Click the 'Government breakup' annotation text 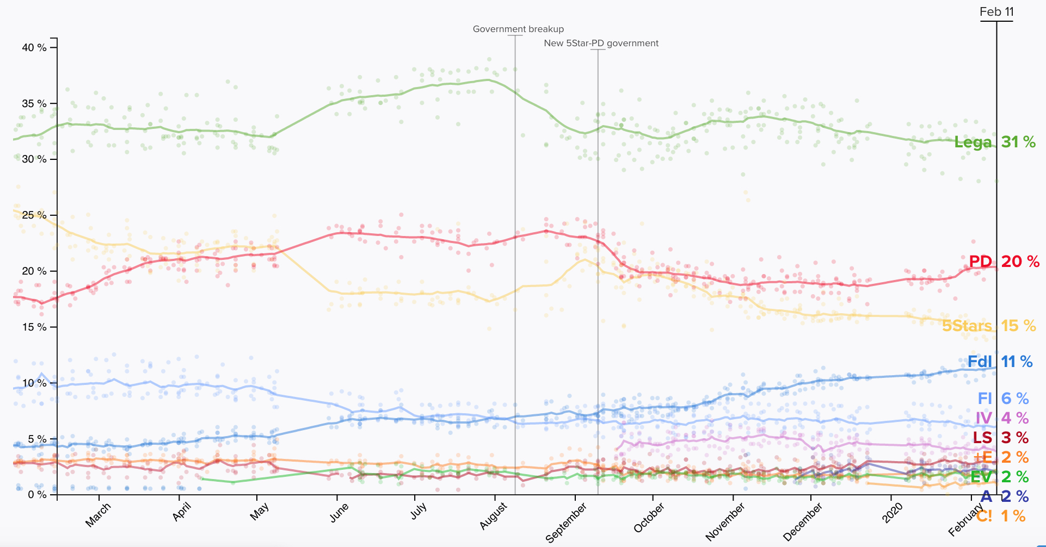518,29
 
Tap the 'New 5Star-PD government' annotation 601,43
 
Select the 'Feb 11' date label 996,12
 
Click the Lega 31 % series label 995,142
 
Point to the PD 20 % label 1004,262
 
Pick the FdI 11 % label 1000,362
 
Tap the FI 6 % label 1003,399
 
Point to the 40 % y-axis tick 34,48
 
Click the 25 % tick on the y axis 34,215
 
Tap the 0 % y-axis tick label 36,495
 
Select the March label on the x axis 99,514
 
